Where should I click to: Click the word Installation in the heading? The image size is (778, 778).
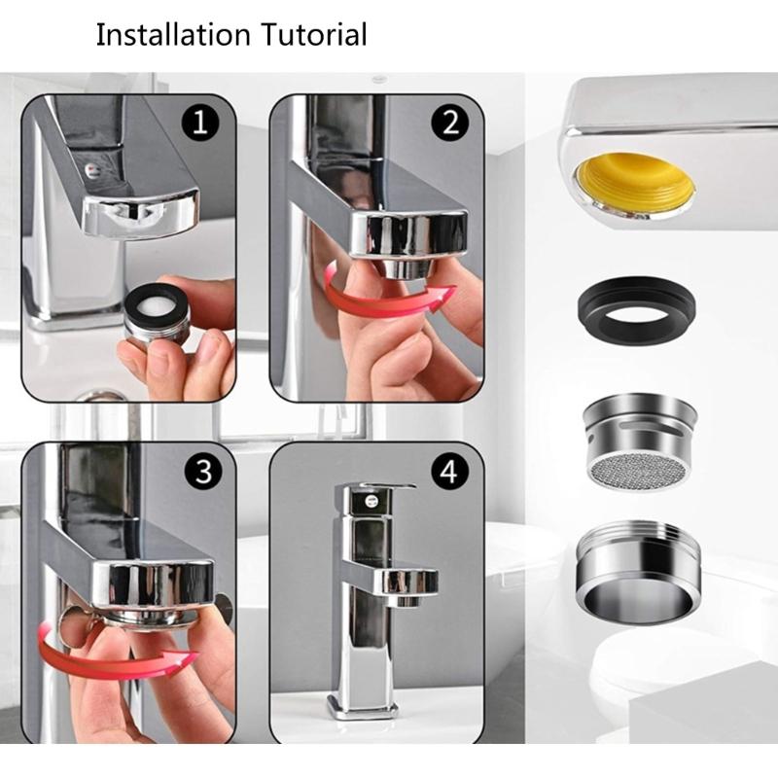tap(171, 35)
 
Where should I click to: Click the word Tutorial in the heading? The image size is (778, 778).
tap(312, 35)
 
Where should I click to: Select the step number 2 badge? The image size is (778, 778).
tap(450, 124)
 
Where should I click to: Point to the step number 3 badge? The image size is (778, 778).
tap(202, 473)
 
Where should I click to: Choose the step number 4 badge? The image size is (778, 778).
tap(448, 474)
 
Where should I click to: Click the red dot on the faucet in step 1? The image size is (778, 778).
tap(92, 168)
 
